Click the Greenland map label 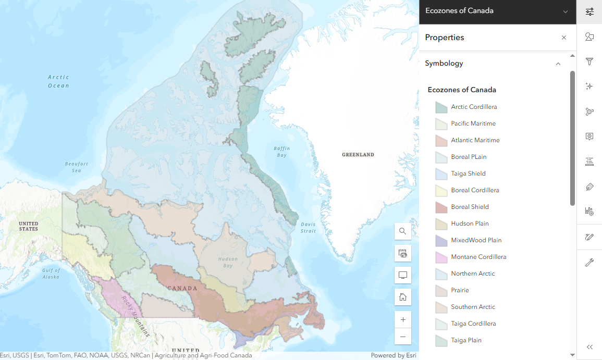(358, 155)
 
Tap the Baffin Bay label (281, 152)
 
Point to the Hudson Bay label (228, 262)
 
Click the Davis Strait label (308, 228)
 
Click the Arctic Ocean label (58, 81)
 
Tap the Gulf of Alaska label (52, 273)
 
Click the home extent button (403, 297)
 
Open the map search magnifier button (403, 231)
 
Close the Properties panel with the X (563, 38)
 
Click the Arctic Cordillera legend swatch (441, 107)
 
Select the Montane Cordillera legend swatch (441, 257)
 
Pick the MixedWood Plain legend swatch (441, 241)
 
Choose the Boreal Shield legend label (470, 207)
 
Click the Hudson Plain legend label (470, 224)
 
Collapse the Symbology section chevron (558, 64)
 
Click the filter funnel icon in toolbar (589, 61)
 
